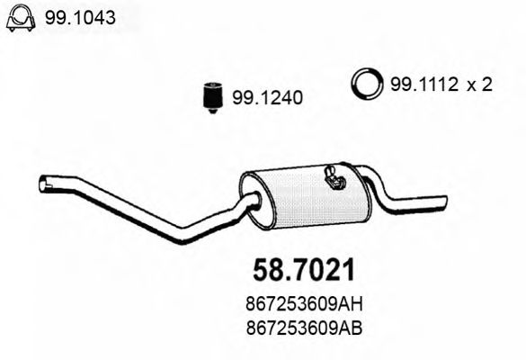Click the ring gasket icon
tap(365, 85)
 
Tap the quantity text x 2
tap(481, 85)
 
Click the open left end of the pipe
tap(43, 185)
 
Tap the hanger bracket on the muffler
tap(335, 179)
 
